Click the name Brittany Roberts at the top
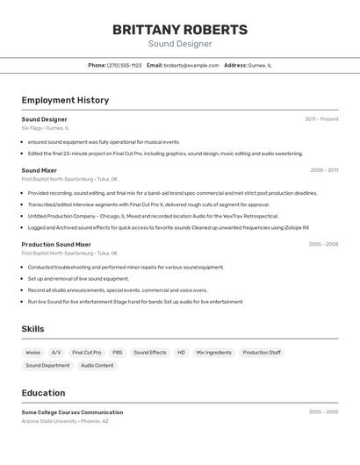pyautogui.click(x=179, y=30)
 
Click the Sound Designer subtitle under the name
pyautogui.click(x=179, y=44)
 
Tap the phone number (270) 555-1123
pyautogui.click(x=124, y=65)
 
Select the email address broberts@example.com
pyautogui.click(x=191, y=65)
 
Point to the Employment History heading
pyautogui.click(x=65, y=100)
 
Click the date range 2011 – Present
pyautogui.click(x=321, y=118)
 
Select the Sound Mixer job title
pyautogui.click(x=40, y=170)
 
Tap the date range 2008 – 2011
pyautogui.click(x=324, y=170)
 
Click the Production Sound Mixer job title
pyautogui.click(x=56, y=245)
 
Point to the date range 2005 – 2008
pyautogui.click(x=323, y=245)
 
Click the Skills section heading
pyautogui.click(x=33, y=329)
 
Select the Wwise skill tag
pyautogui.click(x=33, y=352)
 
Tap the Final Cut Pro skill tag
pyautogui.click(x=86, y=352)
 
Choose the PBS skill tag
pyautogui.click(x=117, y=352)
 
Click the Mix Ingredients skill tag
pyautogui.click(x=213, y=352)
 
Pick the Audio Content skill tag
pyautogui.click(x=97, y=365)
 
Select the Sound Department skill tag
pyautogui.click(x=47, y=365)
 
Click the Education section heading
pyautogui.click(x=43, y=392)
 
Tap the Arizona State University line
pyautogui.click(x=65, y=421)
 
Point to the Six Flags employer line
pyautogui.click(x=45, y=128)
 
